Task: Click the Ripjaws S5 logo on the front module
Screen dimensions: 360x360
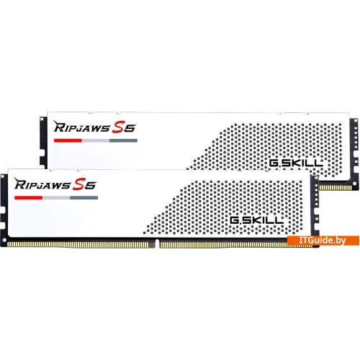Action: click(55, 184)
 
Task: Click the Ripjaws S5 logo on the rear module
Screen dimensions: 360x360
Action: click(95, 127)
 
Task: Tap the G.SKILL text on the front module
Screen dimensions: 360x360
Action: click(256, 220)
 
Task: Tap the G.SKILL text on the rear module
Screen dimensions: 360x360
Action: click(296, 163)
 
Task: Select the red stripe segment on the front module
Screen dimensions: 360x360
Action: click(28, 198)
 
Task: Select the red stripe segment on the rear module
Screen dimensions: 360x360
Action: click(68, 140)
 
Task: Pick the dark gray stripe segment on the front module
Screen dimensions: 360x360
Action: click(84, 198)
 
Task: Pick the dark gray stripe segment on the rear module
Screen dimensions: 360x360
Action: click(123, 140)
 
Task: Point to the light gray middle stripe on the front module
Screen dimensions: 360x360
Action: click(56, 198)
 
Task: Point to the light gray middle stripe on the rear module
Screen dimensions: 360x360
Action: click(96, 140)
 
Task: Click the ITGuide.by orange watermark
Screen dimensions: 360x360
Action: click(323, 240)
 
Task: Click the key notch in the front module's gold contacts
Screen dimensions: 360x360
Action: click(157, 243)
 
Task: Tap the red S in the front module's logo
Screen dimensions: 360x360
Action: click(79, 184)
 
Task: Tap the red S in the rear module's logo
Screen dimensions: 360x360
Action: click(119, 127)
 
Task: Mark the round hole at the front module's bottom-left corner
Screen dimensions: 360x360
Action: click(4, 240)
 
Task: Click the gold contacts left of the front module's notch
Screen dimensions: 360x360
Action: click(78, 244)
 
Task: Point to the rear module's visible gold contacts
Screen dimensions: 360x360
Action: click(336, 187)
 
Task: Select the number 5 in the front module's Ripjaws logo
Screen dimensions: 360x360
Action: click(91, 185)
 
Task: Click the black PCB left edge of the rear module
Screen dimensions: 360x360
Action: click(43, 142)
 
